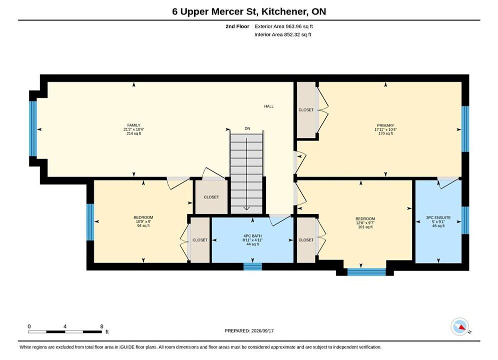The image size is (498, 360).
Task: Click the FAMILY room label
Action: pos(134,125)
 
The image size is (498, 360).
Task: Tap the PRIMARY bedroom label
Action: pos(385,125)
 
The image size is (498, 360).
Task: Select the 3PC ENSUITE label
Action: pos(438,217)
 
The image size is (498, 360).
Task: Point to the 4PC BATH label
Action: pos(252,236)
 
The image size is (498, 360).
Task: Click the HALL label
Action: pos(269,106)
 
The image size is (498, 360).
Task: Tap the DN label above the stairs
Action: pos(247,128)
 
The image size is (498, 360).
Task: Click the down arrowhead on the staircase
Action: pos(246,208)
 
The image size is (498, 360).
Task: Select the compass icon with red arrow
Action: pos(460,326)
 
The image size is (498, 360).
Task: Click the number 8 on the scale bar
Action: pos(102,326)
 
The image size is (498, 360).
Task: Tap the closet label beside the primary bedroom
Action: pos(306,109)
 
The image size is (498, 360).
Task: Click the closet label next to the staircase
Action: pos(211,197)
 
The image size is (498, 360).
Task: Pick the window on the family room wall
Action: pos(33,129)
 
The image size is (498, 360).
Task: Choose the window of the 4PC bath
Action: pos(252,266)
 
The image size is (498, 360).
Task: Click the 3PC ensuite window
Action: pos(465,220)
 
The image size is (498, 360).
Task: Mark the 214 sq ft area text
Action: pos(134,133)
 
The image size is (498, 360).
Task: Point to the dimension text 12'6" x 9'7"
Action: pos(365,223)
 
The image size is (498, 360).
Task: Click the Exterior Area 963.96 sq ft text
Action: pos(284,26)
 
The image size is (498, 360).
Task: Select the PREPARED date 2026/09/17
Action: pos(262,331)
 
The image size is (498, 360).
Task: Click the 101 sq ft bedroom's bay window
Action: pos(366,272)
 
